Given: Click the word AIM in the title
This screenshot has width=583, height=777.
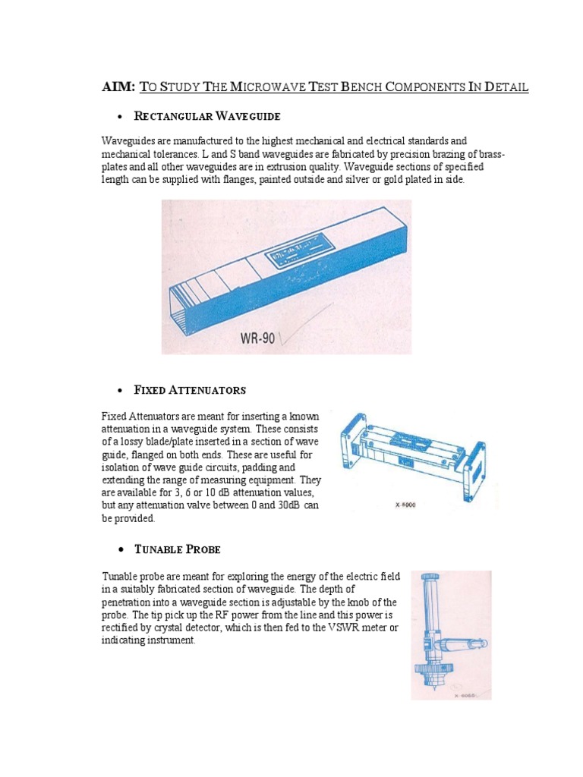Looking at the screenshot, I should (x=118, y=87).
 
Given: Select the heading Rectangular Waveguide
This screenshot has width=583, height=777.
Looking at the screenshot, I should (x=206, y=116).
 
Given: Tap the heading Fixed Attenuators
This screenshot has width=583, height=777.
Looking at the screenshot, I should (x=189, y=390).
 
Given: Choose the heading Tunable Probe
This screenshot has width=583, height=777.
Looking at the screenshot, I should (x=177, y=549).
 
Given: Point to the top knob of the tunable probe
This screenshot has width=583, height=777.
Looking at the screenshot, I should (x=430, y=580).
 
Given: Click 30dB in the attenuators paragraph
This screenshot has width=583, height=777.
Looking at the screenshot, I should (x=285, y=506).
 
